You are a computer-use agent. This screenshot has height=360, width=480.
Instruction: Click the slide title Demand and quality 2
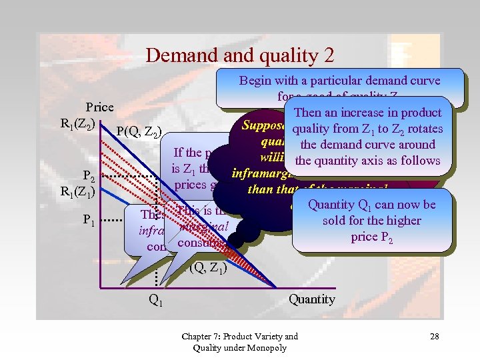pyautogui.click(x=239, y=55)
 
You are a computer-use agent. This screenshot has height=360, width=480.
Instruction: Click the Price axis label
pyautogui.click(x=99, y=107)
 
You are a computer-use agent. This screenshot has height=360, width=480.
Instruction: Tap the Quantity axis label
pyautogui.click(x=311, y=299)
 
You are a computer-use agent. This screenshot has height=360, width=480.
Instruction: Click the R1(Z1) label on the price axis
pyautogui.click(x=77, y=194)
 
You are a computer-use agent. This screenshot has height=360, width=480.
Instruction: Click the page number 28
pyautogui.click(x=434, y=337)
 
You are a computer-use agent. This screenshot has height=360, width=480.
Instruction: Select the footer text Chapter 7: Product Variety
pyautogui.click(x=239, y=336)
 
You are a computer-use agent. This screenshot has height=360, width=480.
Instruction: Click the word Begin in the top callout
pyautogui.click(x=255, y=81)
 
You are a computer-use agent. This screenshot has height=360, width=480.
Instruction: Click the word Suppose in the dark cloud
pyautogui.click(x=263, y=126)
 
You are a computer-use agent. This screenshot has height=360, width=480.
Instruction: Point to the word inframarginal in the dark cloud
pyautogui.click(x=260, y=175)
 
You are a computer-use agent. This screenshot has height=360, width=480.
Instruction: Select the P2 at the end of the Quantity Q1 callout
pyautogui.click(x=385, y=236)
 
